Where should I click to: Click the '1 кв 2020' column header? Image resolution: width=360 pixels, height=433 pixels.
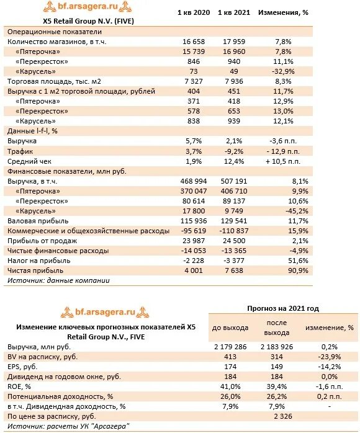click(194, 12)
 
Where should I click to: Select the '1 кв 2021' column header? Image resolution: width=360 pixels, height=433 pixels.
click(234, 12)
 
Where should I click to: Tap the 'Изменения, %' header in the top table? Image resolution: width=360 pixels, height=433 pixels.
click(283, 12)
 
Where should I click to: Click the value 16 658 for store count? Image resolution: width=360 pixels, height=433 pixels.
click(194, 42)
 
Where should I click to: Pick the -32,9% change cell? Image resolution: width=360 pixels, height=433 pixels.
click(283, 71)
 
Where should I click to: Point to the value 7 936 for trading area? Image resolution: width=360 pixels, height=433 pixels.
click(234, 81)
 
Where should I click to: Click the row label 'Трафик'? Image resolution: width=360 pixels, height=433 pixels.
click(20, 151)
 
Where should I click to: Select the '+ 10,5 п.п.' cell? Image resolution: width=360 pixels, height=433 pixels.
click(283, 161)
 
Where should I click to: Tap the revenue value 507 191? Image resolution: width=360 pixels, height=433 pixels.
click(234, 181)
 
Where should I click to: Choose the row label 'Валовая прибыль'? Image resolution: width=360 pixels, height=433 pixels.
click(38, 221)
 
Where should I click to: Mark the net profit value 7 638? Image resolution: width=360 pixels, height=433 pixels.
click(234, 270)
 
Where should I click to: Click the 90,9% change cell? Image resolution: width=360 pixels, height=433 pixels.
click(299, 270)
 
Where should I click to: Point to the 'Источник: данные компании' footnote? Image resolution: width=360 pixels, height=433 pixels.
click(58, 280)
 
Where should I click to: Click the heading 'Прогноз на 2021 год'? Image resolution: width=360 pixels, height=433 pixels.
click(283, 308)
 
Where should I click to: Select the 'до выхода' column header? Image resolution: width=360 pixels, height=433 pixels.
click(230, 328)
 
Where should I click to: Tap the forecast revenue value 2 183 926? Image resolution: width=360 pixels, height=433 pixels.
click(277, 347)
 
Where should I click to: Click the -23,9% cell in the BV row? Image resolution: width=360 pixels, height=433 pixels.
click(330, 357)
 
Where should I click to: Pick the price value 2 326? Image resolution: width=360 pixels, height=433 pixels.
click(283, 416)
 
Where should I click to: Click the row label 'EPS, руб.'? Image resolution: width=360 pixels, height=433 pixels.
click(22, 367)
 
